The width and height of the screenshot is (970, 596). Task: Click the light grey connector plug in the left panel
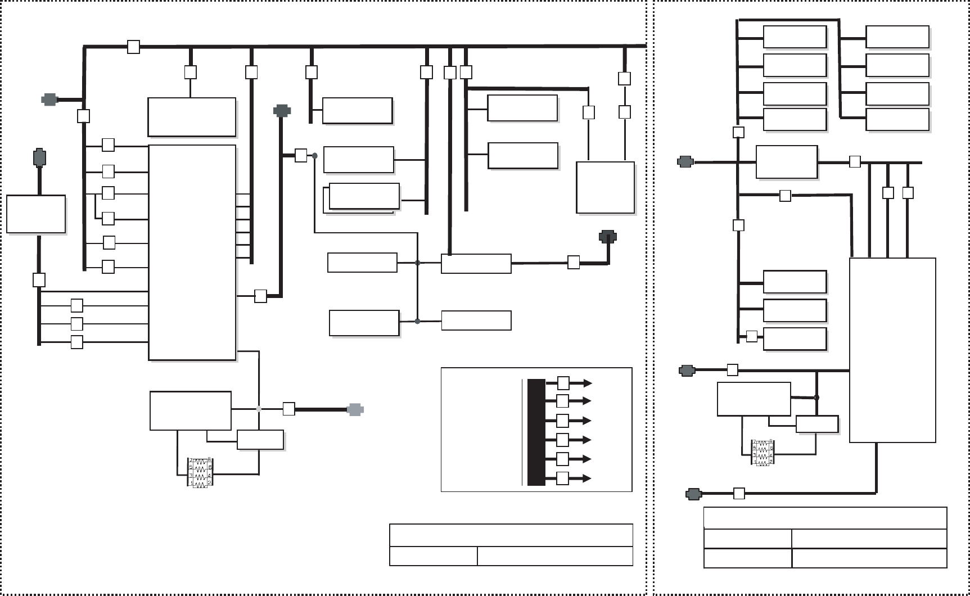(355, 410)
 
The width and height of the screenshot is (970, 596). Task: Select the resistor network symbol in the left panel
(200, 472)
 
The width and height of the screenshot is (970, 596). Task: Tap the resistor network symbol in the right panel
(763, 453)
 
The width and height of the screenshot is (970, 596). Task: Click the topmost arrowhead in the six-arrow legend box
(588, 383)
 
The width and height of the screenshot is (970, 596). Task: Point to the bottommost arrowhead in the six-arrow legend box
(588, 478)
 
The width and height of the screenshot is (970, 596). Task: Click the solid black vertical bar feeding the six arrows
(536, 432)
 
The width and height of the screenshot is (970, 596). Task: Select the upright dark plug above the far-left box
(39, 158)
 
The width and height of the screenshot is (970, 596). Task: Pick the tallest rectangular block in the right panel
(892, 350)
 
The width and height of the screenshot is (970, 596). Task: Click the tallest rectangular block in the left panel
(192, 252)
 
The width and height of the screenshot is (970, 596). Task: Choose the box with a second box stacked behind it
(364, 196)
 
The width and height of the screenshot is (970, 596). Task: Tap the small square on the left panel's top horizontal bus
(133, 47)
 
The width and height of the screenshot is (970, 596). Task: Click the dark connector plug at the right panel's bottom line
(694, 494)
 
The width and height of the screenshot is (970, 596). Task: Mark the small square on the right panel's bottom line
(739, 494)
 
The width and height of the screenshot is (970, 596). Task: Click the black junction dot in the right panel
(816, 398)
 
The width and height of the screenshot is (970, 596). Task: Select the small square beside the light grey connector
(288, 409)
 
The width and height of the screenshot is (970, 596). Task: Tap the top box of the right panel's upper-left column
(795, 37)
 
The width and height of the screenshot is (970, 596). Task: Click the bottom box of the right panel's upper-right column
(897, 120)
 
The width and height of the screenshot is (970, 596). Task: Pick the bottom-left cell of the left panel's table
(433, 556)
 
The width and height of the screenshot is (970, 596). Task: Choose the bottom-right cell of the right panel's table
(869, 558)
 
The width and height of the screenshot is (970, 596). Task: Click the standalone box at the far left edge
(36, 214)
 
